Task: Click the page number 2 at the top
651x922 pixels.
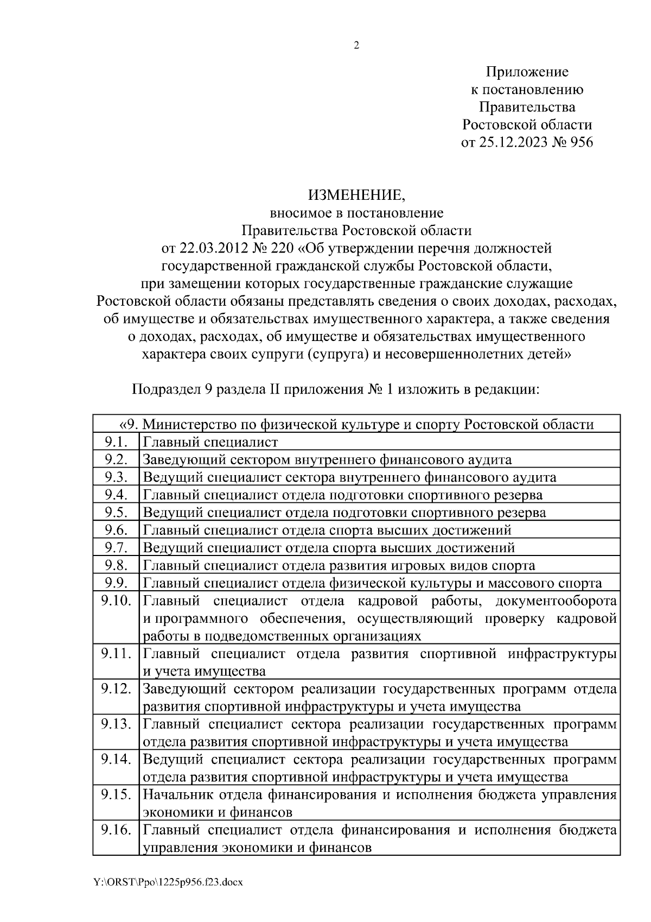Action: point(356,46)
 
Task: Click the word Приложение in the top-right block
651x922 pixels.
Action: point(527,72)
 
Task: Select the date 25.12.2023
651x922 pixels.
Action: point(510,142)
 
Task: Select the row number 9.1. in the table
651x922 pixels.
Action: point(116,442)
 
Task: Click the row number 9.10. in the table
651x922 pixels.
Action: point(116,601)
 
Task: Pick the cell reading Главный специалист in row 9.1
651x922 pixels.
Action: point(210,442)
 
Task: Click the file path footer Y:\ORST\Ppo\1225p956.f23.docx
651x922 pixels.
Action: point(168,883)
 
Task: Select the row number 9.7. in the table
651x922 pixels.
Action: point(116,548)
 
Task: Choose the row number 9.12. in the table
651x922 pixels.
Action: point(116,689)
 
